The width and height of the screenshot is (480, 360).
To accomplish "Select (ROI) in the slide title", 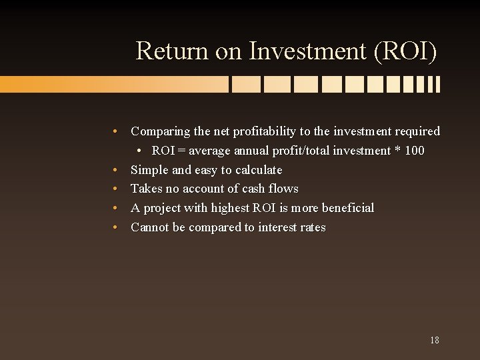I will click(x=406, y=51).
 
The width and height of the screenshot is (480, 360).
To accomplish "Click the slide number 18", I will click(x=434, y=340).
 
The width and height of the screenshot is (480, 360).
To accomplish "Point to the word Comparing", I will click(x=159, y=131).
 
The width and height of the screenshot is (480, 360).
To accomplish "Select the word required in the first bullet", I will click(x=416, y=131).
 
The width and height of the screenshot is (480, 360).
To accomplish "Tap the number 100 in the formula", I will click(x=414, y=151).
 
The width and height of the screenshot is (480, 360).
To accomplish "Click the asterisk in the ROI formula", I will click(x=397, y=151).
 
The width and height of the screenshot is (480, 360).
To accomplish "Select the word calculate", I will click(x=259, y=170).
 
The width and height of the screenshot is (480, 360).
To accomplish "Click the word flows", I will click(x=284, y=189).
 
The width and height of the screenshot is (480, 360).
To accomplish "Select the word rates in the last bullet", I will click(x=313, y=227).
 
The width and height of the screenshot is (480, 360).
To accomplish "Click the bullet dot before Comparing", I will click(x=116, y=131).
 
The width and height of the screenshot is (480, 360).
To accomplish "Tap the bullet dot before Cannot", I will click(x=116, y=227).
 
